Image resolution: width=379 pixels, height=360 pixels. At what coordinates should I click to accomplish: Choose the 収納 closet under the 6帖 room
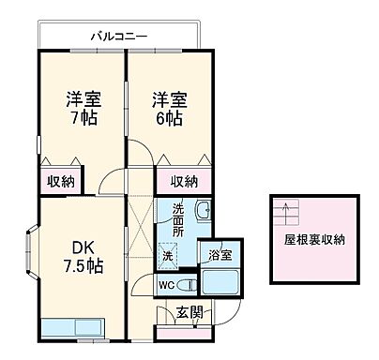point(184,182)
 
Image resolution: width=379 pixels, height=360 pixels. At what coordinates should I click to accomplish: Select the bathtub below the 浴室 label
point(222,282)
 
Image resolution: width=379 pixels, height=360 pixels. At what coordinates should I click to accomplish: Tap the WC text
point(166,284)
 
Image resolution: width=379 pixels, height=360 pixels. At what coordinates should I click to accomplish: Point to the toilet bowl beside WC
point(188,284)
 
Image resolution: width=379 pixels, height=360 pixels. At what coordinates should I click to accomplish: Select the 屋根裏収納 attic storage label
point(315,240)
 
